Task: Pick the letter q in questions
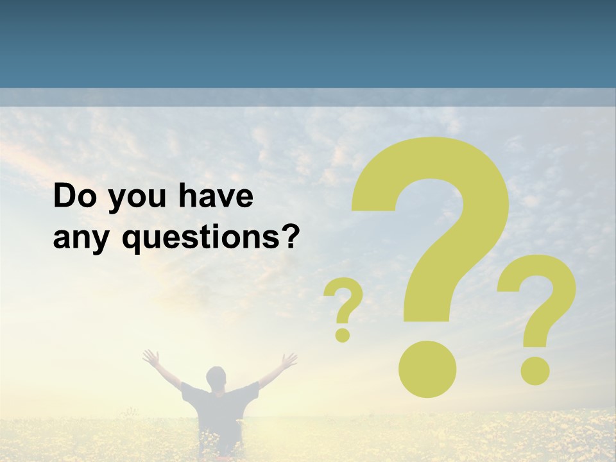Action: point(131,241)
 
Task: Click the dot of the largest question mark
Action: point(427,368)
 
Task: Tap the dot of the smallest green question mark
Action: point(343,334)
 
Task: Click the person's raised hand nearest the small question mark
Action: point(289,361)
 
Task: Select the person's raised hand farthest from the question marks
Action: point(150,357)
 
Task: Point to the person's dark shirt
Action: point(219,407)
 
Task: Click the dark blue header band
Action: point(308,42)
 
